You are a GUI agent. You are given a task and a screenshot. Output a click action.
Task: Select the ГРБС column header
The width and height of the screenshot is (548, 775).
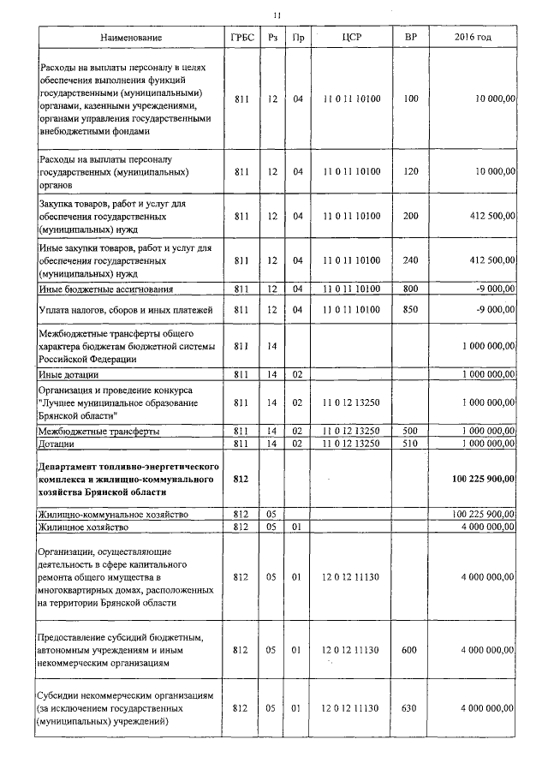point(241,39)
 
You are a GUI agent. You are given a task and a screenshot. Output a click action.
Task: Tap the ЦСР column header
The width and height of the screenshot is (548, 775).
point(352,39)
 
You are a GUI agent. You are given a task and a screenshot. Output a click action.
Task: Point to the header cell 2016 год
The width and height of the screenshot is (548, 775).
point(473,39)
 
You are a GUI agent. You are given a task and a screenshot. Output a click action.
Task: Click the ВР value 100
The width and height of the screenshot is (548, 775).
point(410,99)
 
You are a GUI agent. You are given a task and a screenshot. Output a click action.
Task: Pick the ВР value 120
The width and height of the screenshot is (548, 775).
point(410,172)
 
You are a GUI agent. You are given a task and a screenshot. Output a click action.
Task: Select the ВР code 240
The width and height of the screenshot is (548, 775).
point(410,259)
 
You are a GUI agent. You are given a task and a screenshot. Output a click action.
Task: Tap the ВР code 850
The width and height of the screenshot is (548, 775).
point(410,309)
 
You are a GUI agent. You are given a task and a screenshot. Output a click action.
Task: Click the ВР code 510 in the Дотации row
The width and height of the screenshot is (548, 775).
point(410,444)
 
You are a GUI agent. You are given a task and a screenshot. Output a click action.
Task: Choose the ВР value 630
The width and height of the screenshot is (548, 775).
point(410,709)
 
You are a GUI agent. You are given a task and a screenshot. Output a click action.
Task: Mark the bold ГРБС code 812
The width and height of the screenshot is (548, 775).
point(241,479)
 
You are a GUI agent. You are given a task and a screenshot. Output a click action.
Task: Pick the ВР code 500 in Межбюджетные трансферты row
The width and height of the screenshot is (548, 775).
point(410,431)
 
